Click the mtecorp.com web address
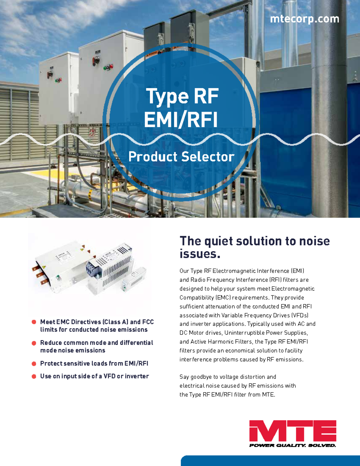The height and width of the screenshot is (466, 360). tap(304, 19)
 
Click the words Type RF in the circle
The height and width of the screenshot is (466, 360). tap(182, 97)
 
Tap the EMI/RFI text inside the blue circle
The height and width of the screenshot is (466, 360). tap(181, 120)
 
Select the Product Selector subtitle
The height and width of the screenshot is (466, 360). tap(181, 157)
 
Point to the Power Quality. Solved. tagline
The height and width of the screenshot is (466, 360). tap(292, 445)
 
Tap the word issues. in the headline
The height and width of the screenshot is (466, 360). tap(200, 254)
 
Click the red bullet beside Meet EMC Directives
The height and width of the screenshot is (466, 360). tap(34, 322)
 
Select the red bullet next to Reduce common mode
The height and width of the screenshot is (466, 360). tap(34, 343)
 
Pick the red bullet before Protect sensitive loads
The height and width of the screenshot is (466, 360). tap(34, 364)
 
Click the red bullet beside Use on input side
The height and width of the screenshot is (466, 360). tap(34, 376)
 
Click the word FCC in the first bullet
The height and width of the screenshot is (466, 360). tap(148, 322)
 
